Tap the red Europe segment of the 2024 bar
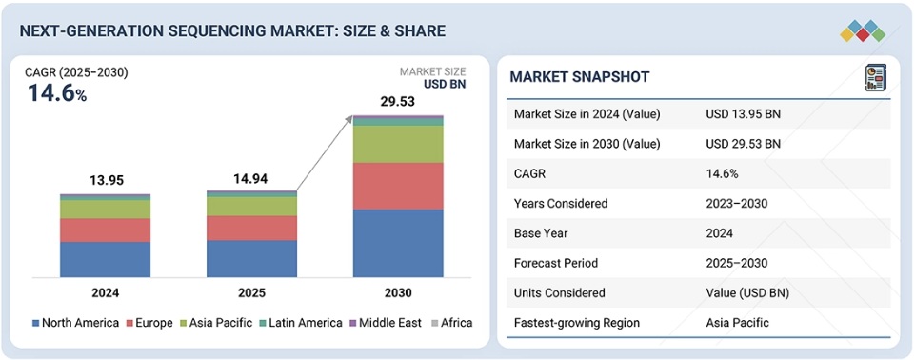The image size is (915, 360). coord(105,230)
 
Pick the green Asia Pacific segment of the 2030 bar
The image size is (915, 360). coord(398,144)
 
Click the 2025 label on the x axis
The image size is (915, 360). coord(251,292)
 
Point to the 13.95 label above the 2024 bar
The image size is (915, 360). coord(105,180)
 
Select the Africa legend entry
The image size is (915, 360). coord(450,323)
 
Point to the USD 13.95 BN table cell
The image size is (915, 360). coord(744,114)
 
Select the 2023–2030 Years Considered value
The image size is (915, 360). coord(736,203)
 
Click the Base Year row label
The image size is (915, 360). coord(543,233)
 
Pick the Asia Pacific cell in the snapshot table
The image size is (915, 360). coord(738,323)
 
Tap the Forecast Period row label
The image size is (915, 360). coord(556,263)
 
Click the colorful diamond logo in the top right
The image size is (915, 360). coord(863,30)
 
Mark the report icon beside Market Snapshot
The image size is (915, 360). coord(874,77)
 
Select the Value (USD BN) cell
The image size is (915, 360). coord(747,292)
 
